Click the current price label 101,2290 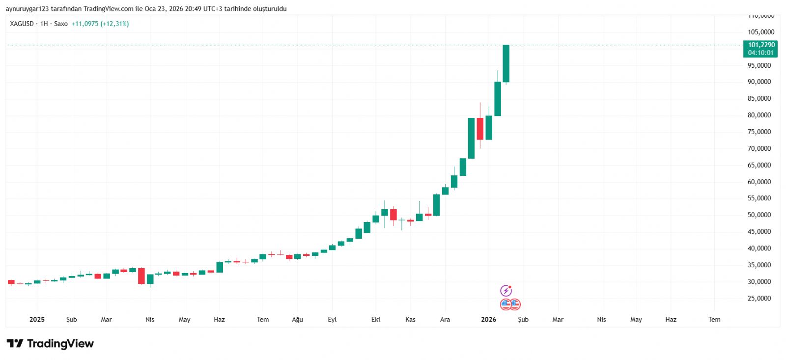point(761,45)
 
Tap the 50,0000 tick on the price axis point(759,215)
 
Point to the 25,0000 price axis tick point(759,299)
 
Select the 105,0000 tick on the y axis point(761,32)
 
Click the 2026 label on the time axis point(488,320)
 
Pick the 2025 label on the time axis point(37,320)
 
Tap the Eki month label point(376,320)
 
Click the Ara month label point(445,320)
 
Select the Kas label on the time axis point(410,320)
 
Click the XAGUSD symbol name point(22,24)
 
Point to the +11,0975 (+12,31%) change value point(100,24)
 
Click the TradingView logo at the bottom point(50,343)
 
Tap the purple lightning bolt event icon point(506,291)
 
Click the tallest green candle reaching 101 point(506,64)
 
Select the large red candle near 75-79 point(480,129)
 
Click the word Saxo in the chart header point(61,24)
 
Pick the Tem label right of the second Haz point(714,320)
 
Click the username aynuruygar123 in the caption point(27,9)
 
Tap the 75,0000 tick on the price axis point(759,132)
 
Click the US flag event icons point(510,305)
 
